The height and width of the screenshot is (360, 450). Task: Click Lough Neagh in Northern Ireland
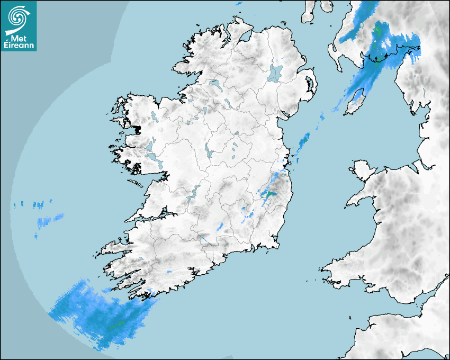[x=275, y=73]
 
